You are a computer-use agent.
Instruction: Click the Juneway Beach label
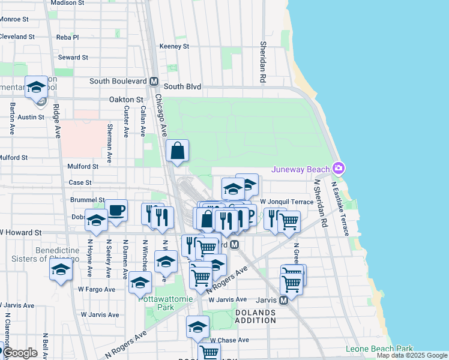point(301,169)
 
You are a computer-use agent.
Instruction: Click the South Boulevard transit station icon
point(154,81)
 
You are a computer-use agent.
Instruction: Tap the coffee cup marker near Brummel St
point(116,211)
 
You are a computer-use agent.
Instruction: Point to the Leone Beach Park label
point(379,349)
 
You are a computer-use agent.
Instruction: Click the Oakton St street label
point(126,100)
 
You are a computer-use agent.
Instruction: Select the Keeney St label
point(174,46)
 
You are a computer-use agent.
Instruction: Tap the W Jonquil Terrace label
point(287,202)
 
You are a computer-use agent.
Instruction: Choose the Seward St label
point(73,58)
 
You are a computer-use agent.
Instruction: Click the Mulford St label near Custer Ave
point(83,167)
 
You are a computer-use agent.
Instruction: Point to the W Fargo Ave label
point(96,289)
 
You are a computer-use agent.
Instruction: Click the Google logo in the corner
point(20,353)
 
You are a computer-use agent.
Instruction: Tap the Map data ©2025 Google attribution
point(411,356)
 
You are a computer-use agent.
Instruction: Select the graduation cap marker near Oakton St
point(36,88)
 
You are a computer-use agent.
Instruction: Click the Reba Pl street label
point(67,37)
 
